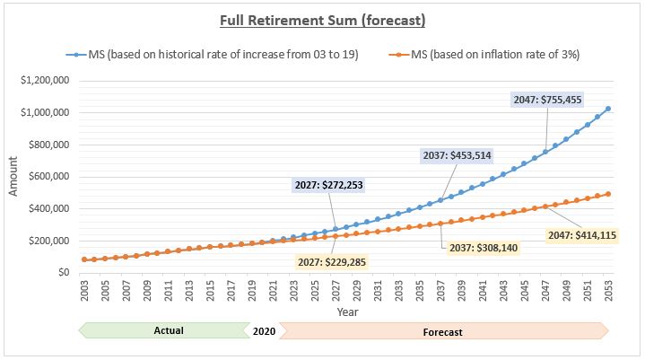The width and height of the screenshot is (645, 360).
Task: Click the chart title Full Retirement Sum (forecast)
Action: pyautogui.click(x=322, y=19)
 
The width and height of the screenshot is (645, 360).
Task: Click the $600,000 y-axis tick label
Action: pyautogui.click(x=48, y=177)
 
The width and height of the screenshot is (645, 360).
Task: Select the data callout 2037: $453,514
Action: pyautogui.click(x=457, y=156)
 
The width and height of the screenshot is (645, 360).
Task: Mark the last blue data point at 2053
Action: pyautogui.click(x=608, y=109)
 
